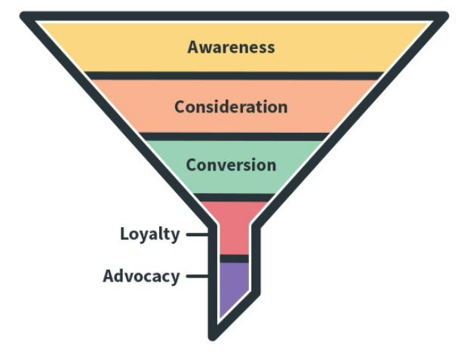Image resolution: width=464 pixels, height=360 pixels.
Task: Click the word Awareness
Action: click(231, 47)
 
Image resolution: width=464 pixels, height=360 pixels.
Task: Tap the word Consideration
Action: click(231, 106)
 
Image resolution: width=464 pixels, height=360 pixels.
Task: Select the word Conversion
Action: click(231, 165)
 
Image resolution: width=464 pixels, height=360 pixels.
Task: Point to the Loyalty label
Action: click(149, 234)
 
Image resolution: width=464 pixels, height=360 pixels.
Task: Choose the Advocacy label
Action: click(141, 276)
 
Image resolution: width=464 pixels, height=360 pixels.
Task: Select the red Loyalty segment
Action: click(233, 230)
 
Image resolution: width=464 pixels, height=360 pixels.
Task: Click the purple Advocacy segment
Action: click(232, 283)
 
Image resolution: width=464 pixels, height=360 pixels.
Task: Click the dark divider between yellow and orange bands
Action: click(231, 75)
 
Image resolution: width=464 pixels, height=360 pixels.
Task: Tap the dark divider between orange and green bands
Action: click(231, 137)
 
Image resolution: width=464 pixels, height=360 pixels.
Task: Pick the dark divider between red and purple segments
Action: click(233, 258)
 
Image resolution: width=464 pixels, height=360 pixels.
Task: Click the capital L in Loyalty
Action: click(124, 234)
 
